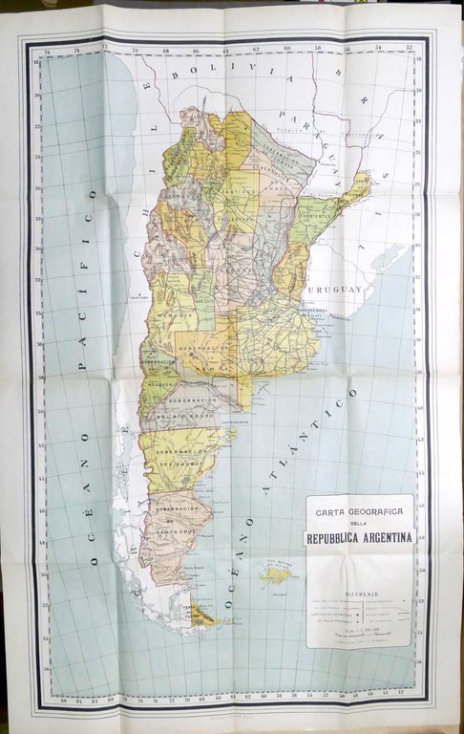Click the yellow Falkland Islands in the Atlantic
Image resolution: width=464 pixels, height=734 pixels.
pos(279,574)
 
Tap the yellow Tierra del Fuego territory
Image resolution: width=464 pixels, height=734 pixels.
pos(205,620)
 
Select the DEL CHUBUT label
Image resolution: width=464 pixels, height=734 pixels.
pos(176,464)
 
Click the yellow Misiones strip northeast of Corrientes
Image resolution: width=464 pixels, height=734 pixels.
pos(356,187)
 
